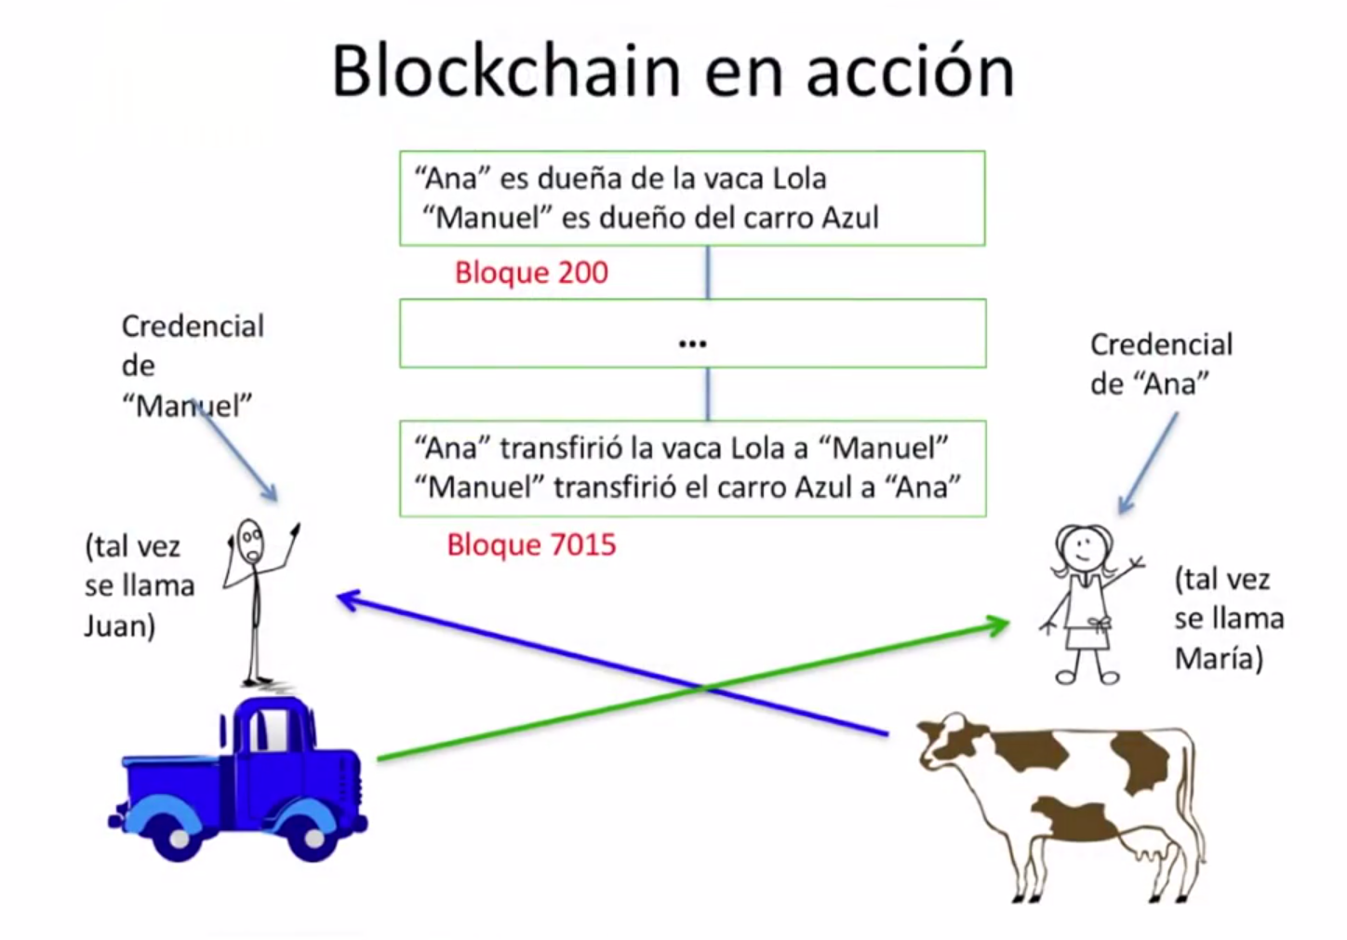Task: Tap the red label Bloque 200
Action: [x=531, y=273]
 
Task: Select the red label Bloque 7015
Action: [x=531, y=544]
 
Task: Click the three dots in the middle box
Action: [x=692, y=344]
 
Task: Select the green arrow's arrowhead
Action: [x=999, y=624]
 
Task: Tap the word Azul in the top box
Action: [x=850, y=218]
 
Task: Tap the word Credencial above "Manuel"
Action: [x=193, y=327]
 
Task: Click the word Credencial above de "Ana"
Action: [x=1161, y=344]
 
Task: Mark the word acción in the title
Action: [x=909, y=72]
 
